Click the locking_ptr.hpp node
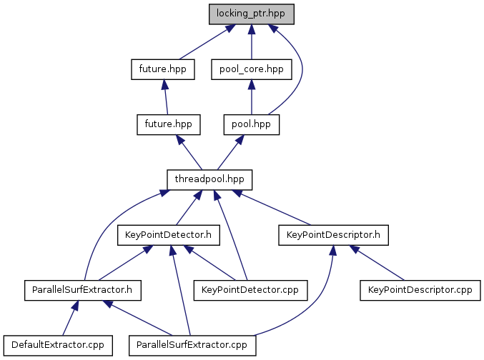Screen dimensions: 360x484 coord(250,14)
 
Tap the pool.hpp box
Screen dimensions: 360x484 coord(251,124)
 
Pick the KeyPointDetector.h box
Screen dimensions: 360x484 coord(168,234)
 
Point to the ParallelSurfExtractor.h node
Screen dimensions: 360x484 coord(82,290)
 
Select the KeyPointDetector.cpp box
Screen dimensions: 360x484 coord(250,290)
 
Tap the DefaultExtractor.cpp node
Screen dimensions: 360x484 coord(54,345)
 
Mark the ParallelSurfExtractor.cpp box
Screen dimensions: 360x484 coord(192,345)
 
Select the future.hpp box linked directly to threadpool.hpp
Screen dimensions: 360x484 coord(168,124)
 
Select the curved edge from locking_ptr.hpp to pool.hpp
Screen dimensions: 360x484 coord(300,68)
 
